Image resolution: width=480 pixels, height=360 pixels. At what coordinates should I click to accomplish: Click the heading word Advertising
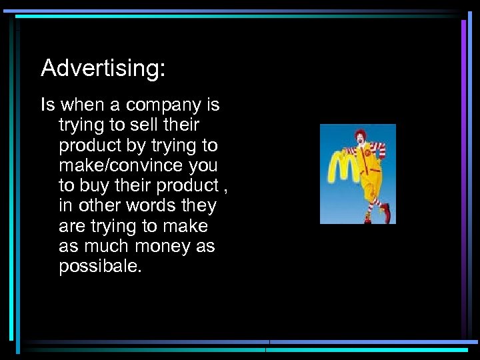point(101,68)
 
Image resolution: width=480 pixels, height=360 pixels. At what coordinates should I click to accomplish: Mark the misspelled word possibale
point(100,266)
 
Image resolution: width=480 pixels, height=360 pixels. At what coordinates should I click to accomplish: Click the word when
point(81,105)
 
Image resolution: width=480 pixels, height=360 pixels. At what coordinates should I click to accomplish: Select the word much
point(108,246)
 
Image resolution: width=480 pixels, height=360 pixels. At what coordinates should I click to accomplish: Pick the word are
point(71,226)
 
